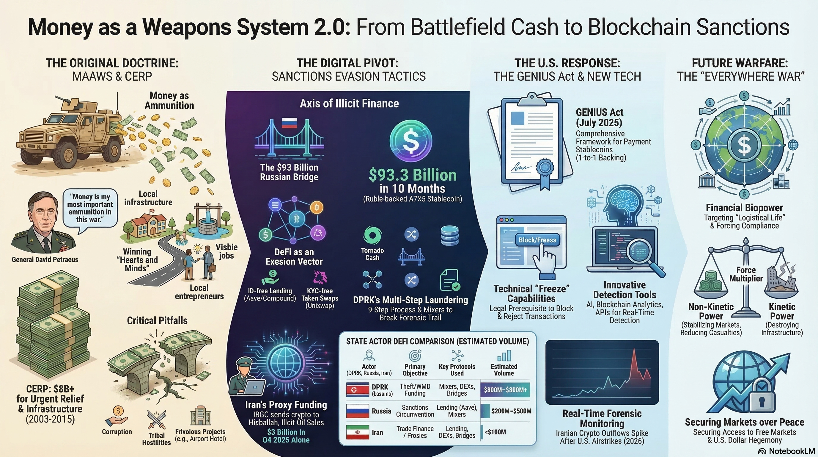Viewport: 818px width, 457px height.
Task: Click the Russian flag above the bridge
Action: point(289,123)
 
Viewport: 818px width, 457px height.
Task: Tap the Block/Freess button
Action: point(537,240)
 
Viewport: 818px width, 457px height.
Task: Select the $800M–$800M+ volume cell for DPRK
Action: point(505,390)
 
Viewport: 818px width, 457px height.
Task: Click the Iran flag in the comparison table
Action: point(358,432)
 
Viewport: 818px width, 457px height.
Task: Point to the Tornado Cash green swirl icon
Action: point(372,235)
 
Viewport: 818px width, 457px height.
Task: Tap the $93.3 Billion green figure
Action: point(413,175)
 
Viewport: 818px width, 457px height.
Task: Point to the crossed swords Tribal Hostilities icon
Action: point(156,419)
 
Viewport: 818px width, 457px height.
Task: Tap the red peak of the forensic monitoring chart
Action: point(634,350)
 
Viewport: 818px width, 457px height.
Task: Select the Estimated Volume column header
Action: point(504,370)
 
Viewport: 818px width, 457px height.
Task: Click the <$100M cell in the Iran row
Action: point(495,432)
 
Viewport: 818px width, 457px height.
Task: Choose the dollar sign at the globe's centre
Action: point(744,145)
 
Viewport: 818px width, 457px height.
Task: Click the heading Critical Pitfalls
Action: point(157,320)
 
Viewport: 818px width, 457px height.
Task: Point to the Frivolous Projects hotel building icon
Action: point(200,415)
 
